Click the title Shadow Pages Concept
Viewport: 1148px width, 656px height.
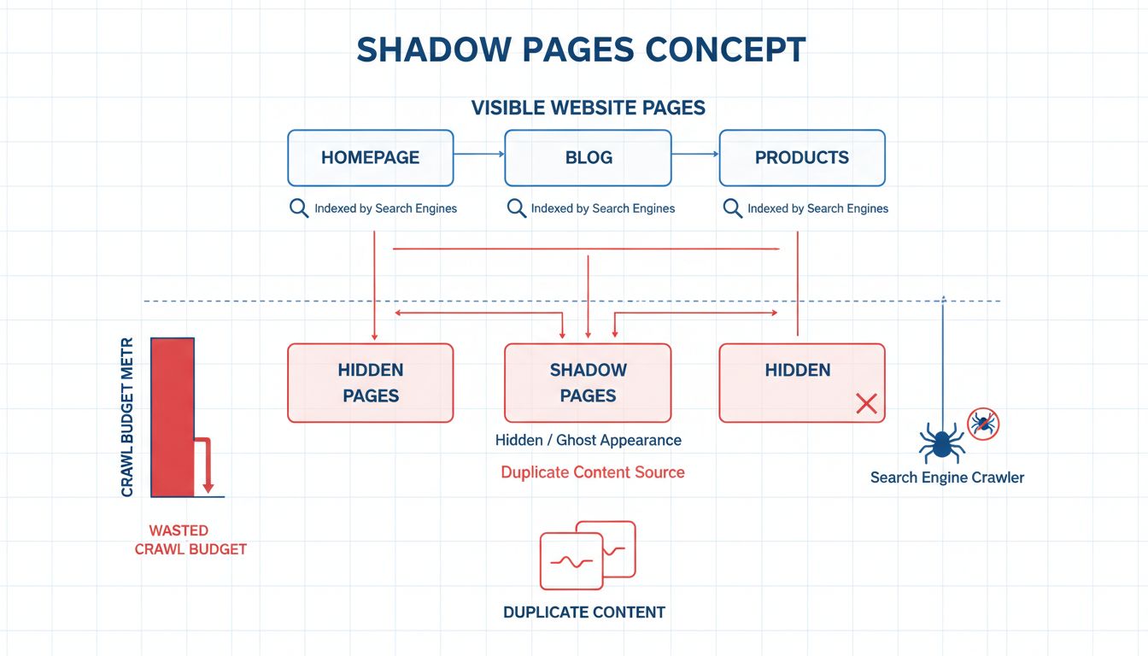(x=581, y=50)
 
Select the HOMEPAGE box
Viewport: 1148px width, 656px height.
(x=370, y=158)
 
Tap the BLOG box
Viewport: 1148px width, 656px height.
(x=588, y=158)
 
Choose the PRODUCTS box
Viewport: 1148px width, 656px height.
(x=801, y=158)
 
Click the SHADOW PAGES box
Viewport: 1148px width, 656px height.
(x=588, y=383)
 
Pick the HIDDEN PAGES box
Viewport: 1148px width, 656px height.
(x=370, y=383)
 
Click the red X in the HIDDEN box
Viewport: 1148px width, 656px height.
(x=866, y=404)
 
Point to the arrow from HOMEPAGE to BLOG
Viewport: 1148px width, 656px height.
(x=478, y=155)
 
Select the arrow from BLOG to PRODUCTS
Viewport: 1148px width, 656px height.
(x=695, y=155)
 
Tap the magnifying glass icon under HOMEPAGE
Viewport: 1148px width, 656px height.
(x=299, y=208)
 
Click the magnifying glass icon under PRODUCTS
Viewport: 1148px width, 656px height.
(x=732, y=208)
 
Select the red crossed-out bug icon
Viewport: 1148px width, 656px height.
(x=982, y=423)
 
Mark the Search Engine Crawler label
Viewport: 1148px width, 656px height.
(x=946, y=477)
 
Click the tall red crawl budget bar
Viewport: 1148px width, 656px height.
(x=172, y=417)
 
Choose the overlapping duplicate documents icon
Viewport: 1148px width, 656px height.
(x=588, y=554)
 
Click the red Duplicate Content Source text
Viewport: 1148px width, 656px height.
(x=592, y=472)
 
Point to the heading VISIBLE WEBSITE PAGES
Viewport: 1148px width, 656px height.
(x=588, y=108)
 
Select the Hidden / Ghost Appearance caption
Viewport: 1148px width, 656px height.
(x=588, y=441)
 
